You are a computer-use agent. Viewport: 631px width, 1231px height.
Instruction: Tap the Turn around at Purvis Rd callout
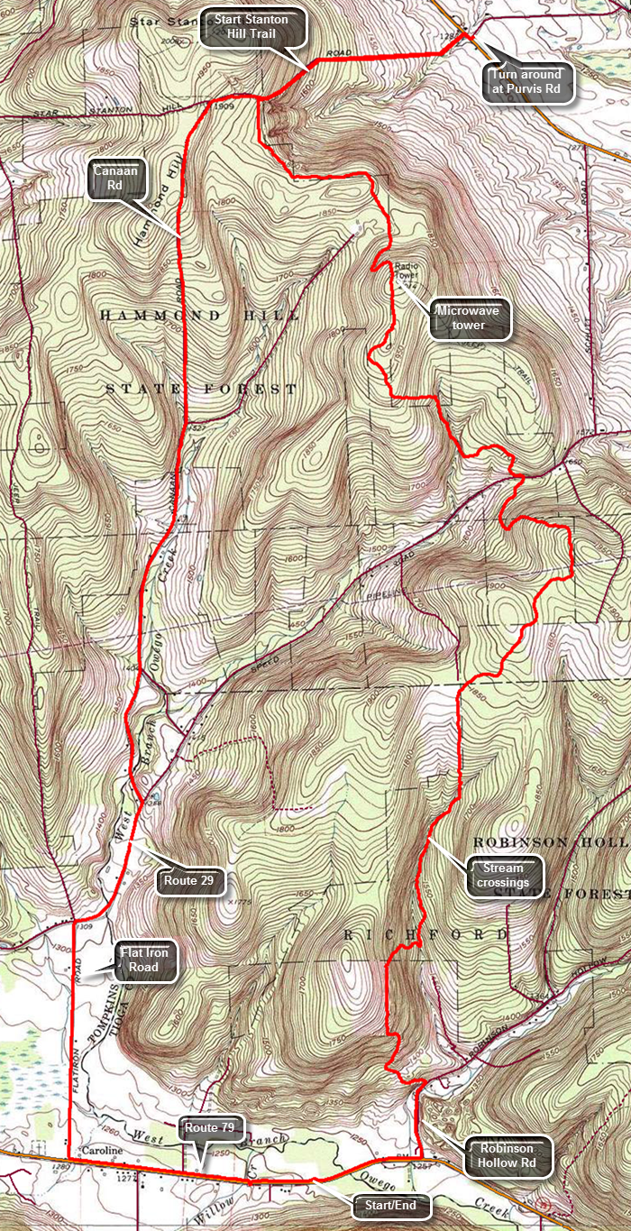click(527, 80)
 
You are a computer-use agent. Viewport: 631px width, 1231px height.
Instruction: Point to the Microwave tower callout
click(470, 318)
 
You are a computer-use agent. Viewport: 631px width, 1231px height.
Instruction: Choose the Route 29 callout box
click(189, 881)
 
